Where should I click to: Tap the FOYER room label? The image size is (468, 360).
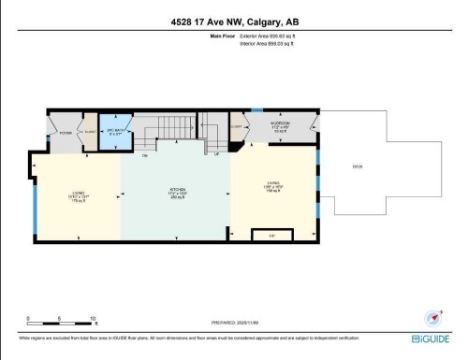(x=66, y=134)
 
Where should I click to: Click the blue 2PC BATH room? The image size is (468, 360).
(x=115, y=132)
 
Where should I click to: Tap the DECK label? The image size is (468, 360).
(x=358, y=166)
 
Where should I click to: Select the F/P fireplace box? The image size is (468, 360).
(x=272, y=235)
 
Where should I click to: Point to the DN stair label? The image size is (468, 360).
(x=145, y=155)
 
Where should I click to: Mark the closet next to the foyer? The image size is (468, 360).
(x=92, y=134)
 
